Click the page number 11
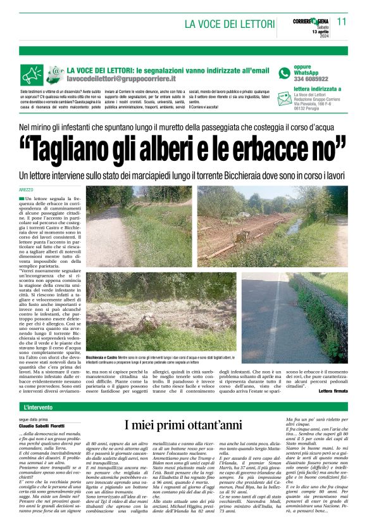[342, 22]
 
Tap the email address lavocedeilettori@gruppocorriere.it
[121, 79]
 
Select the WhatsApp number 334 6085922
[311, 79]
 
